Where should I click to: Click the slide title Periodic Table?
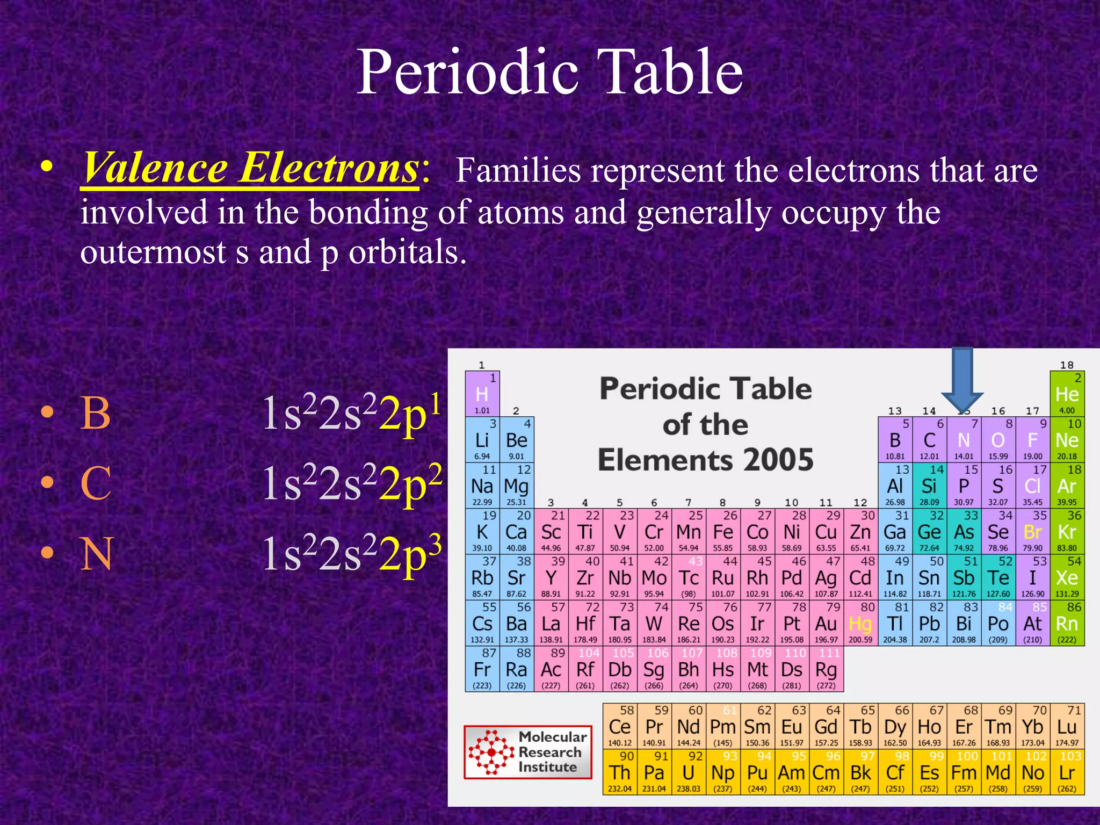(549, 72)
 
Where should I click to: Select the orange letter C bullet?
(96, 483)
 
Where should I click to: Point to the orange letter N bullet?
(97, 554)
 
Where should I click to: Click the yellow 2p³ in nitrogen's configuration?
(410, 553)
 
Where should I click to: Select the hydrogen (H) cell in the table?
(482, 394)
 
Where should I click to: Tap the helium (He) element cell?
(1067, 394)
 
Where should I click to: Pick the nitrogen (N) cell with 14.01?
(964, 440)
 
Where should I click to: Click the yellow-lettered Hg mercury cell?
(860, 624)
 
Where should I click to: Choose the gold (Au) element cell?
(826, 624)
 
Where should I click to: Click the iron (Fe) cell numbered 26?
(723, 532)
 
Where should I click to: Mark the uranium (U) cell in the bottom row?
(689, 772)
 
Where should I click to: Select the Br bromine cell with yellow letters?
(1032, 532)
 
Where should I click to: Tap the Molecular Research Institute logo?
(528, 752)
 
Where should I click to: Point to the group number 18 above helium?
(1067, 365)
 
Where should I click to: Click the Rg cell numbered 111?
(826, 669)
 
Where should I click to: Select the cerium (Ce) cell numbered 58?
(620, 726)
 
